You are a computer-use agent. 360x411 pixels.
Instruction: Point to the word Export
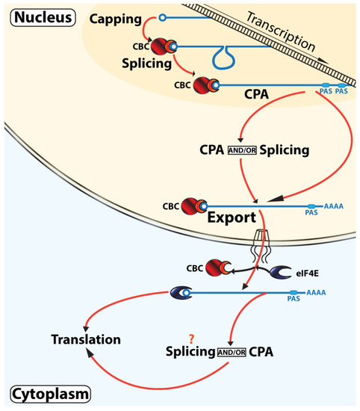point(227,219)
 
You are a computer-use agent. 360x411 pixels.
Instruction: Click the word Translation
point(85,339)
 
